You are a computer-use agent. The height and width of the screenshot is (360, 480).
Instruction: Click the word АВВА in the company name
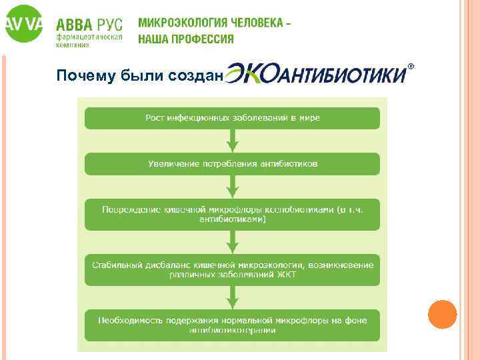coord(75,25)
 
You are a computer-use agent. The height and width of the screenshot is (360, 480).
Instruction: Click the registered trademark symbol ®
coord(411,67)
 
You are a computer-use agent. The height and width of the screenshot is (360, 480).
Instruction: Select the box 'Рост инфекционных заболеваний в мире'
coord(232,118)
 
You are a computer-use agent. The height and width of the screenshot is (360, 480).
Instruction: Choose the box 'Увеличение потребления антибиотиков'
coord(232,163)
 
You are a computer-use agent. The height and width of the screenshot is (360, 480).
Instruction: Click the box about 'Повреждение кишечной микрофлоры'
coord(232,215)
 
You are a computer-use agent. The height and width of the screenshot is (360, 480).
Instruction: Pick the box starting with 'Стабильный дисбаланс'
coord(232,270)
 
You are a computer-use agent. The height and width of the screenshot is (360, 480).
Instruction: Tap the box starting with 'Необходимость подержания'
coord(232,325)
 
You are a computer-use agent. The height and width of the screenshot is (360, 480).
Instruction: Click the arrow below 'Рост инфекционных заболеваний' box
coord(232,141)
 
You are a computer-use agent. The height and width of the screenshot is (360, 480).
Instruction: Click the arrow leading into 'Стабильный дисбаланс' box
coord(232,242)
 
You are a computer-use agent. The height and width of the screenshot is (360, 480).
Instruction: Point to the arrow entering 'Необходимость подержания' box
coord(232,297)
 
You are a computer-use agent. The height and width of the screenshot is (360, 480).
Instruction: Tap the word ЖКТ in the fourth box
coord(287,274)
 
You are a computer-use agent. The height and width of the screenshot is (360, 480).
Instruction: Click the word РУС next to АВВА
coord(109,25)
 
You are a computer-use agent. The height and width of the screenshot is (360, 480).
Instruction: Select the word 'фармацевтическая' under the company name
coord(89,39)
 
